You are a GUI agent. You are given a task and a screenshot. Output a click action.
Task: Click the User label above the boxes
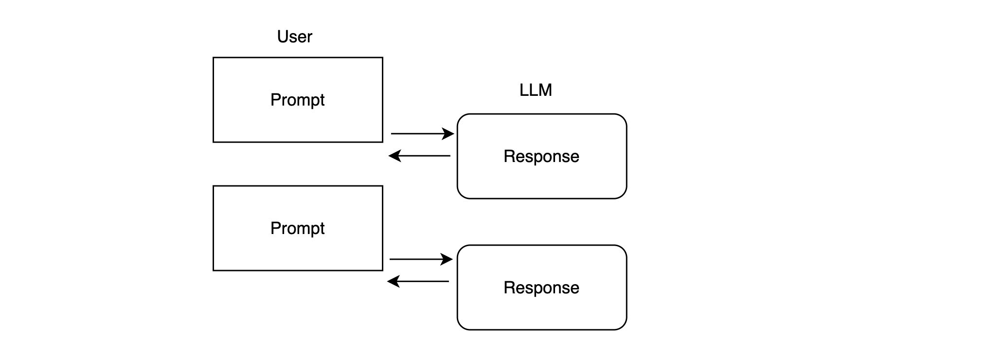pos(294,37)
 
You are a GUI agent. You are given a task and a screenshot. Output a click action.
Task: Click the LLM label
pos(536,90)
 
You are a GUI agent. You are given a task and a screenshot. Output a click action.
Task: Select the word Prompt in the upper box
pos(297,100)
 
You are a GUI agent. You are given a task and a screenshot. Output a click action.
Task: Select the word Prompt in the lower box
pos(297,229)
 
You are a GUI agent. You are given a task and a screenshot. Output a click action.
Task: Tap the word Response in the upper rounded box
pos(541,157)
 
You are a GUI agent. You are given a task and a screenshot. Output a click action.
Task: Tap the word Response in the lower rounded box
pos(541,288)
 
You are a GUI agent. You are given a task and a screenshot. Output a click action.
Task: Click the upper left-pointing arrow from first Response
pos(420,156)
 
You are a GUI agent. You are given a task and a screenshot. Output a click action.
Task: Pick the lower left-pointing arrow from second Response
pos(419,281)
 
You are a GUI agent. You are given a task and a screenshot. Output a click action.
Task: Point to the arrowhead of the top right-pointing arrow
pos(449,133)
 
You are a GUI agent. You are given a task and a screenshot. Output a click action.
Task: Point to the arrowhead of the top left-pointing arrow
pos(394,156)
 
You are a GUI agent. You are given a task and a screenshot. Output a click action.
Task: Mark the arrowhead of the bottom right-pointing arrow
pos(447,259)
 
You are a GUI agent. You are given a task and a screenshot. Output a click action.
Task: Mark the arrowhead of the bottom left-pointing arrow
pos(393,281)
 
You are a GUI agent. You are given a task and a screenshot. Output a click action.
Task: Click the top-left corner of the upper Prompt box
pos(214,58)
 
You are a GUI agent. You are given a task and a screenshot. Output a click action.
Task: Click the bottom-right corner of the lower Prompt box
pos(382,270)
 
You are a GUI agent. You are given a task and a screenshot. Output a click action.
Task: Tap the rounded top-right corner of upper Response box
pos(623,118)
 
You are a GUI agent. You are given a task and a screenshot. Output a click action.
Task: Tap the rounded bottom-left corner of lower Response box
pos(461,326)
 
